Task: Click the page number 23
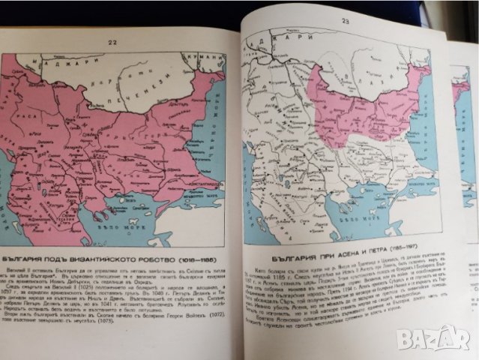pos(346,22)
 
